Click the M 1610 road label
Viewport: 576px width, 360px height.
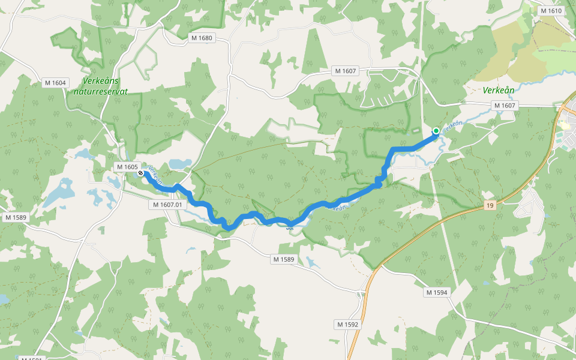[551, 11]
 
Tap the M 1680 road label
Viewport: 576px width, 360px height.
[202, 38]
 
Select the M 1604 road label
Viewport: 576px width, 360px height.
[55, 83]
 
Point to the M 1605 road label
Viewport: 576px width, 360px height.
[127, 167]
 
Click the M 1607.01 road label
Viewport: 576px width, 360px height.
[167, 205]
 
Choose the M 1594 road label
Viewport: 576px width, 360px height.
[437, 292]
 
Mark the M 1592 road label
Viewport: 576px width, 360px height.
[347, 325]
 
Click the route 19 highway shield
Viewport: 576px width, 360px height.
[491, 206]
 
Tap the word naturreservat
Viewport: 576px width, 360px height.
[101, 92]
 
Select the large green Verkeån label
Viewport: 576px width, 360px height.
[499, 91]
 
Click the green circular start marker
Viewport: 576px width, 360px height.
[436, 131]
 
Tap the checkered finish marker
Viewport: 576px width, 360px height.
[140, 173]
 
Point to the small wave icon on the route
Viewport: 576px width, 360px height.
[290, 227]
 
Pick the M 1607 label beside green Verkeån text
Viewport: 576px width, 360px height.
[505, 106]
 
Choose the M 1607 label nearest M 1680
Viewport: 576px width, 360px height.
[346, 71]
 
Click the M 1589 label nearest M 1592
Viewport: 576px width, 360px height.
[283, 259]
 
